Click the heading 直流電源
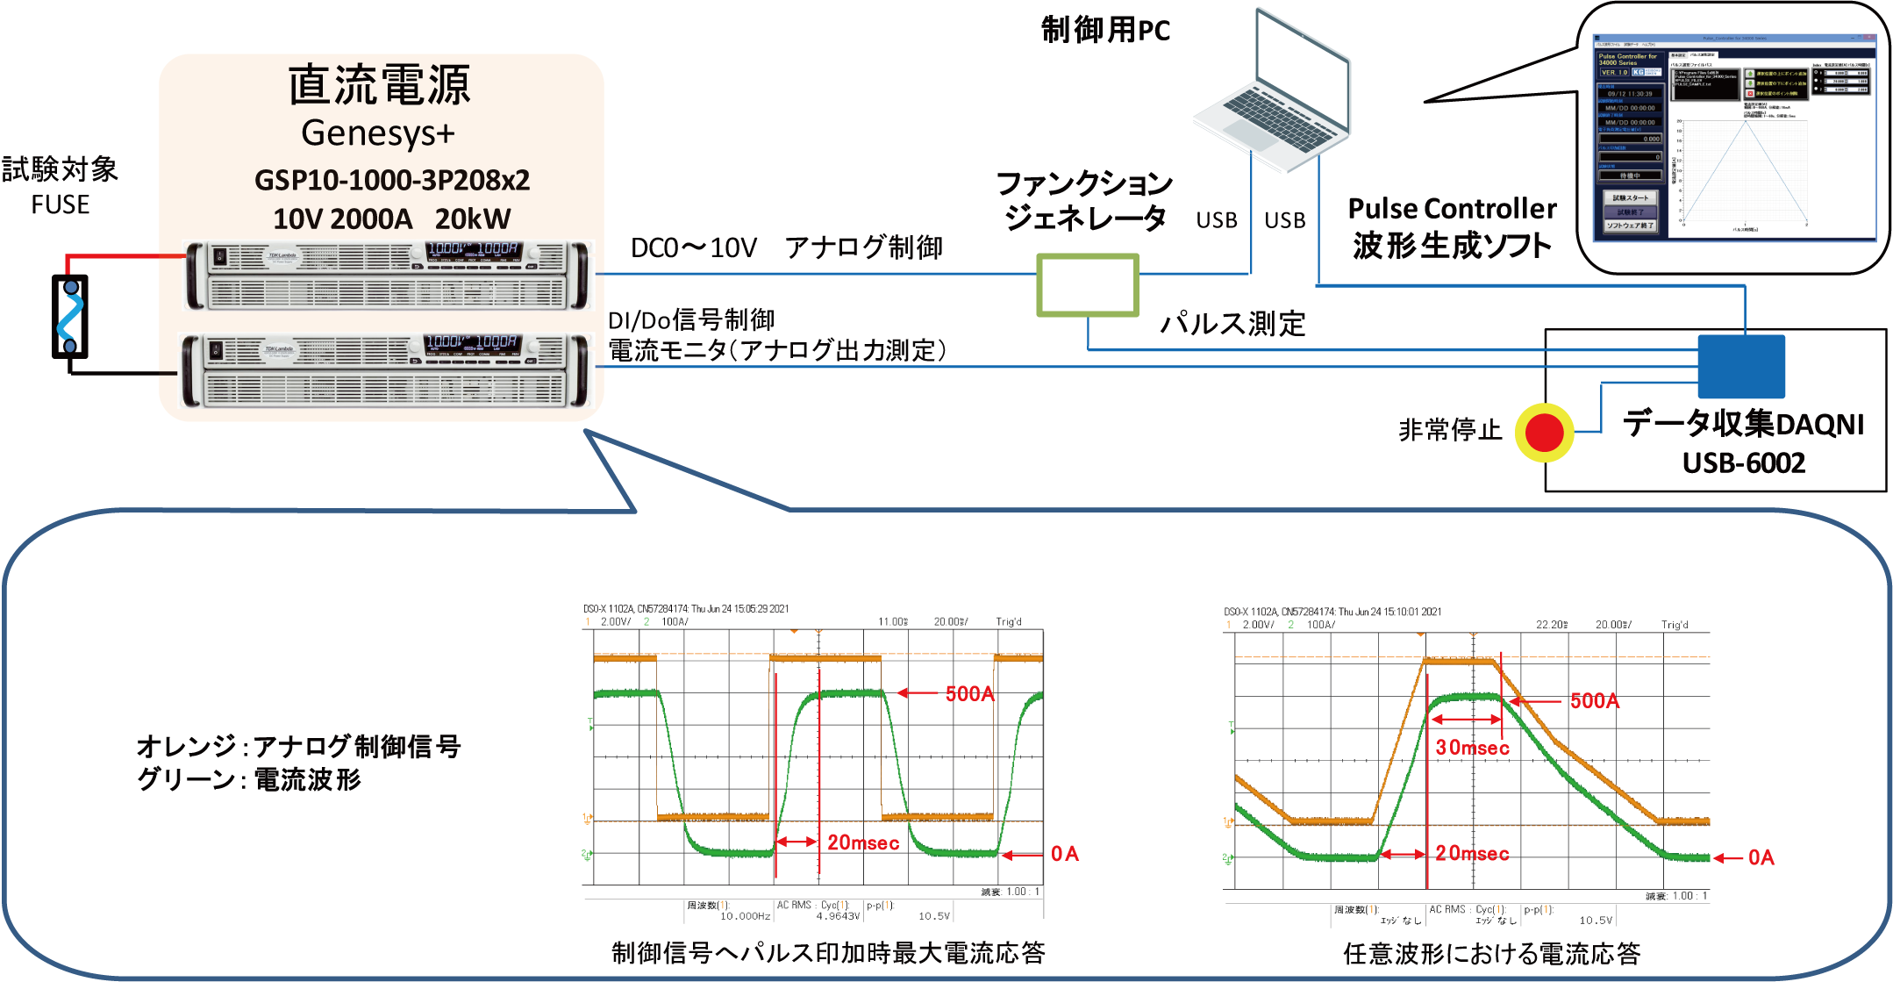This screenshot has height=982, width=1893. (379, 85)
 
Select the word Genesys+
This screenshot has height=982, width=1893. (378, 133)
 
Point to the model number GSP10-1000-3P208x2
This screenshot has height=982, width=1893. (392, 180)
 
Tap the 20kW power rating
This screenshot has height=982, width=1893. (473, 219)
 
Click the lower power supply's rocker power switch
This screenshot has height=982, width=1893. (217, 351)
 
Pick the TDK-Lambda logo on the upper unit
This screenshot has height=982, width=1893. (281, 255)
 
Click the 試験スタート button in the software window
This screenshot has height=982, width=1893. (1630, 198)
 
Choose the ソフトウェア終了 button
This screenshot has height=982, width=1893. (1630, 226)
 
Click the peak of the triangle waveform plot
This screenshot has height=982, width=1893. (1746, 122)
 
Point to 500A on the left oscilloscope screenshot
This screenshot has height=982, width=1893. (969, 694)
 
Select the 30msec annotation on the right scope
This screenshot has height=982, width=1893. (1472, 748)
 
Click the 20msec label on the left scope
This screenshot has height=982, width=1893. (863, 842)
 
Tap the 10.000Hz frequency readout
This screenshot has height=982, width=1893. (745, 916)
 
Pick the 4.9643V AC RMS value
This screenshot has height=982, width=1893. (838, 916)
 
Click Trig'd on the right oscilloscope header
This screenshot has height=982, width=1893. (1674, 625)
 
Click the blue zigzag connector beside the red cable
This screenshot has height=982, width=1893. (70, 316)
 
